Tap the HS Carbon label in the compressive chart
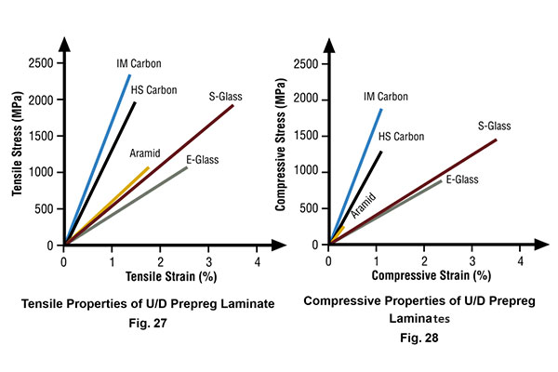[401, 137]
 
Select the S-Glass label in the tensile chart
[226, 95]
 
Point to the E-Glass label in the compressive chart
[462, 179]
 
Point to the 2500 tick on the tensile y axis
[39, 63]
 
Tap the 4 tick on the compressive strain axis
[521, 261]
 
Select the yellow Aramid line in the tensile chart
[107, 205]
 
